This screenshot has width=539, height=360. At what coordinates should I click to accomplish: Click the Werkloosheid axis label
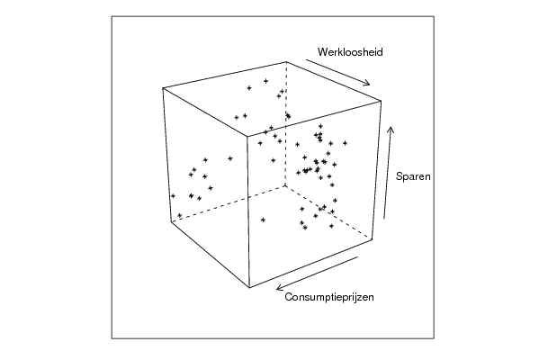click(x=350, y=52)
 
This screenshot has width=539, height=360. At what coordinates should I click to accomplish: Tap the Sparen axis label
click(x=413, y=176)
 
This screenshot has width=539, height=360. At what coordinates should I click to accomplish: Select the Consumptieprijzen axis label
click(x=329, y=297)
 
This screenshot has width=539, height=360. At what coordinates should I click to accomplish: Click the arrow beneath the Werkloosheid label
click(x=338, y=72)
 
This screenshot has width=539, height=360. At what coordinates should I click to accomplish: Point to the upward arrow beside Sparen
click(x=388, y=173)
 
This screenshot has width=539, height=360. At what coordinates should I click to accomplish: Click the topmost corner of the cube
click(x=286, y=62)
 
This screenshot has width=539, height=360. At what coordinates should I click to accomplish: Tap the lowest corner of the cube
click(x=249, y=287)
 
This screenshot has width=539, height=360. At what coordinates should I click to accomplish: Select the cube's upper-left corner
click(x=163, y=88)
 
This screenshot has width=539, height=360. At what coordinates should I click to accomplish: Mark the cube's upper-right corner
click(x=381, y=101)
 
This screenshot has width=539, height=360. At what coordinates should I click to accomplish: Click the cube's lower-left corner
click(x=171, y=221)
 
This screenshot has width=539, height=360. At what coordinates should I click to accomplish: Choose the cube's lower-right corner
click(x=373, y=239)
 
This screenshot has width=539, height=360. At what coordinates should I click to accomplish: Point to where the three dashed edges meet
click(x=285, y=185)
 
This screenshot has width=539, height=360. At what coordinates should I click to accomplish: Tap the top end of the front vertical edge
click(x=247, y=137)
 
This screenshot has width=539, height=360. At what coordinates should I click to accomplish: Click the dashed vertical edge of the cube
click(x=285, y=124)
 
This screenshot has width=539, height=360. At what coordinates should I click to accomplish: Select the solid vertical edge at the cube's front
click(x=248, y=211)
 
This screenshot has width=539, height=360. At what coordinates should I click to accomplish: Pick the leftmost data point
click(x=173, y=196)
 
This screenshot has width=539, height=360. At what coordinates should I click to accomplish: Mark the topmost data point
click(x=265, y=81)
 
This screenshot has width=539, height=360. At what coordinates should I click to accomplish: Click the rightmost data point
click(x=346, y=143)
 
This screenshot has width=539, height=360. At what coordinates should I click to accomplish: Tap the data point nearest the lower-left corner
click(x=179, y=215)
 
